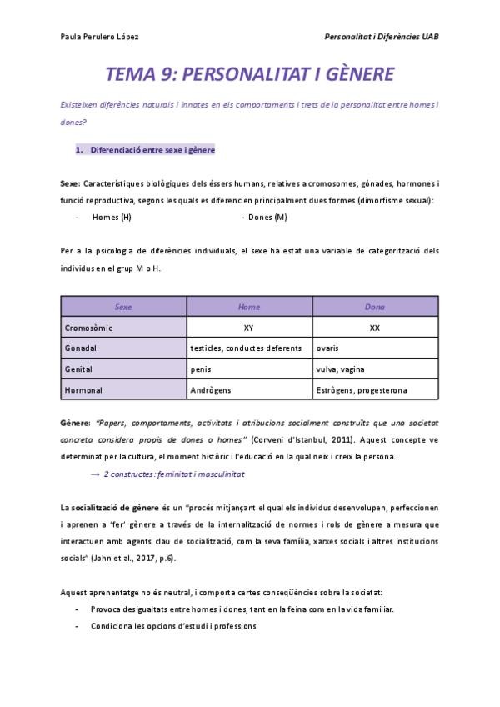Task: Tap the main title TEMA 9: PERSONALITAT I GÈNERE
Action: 249,75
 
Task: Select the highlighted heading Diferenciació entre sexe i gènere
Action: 152,150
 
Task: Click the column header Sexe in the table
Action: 123,307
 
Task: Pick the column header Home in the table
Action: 249,307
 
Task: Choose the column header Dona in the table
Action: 374,307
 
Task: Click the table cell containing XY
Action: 249,328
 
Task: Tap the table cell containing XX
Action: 374,328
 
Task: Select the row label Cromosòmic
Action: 89,328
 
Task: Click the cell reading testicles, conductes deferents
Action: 240,348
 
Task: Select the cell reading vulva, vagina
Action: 341,369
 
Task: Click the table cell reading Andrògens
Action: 212,389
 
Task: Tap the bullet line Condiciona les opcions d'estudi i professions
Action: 174,626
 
